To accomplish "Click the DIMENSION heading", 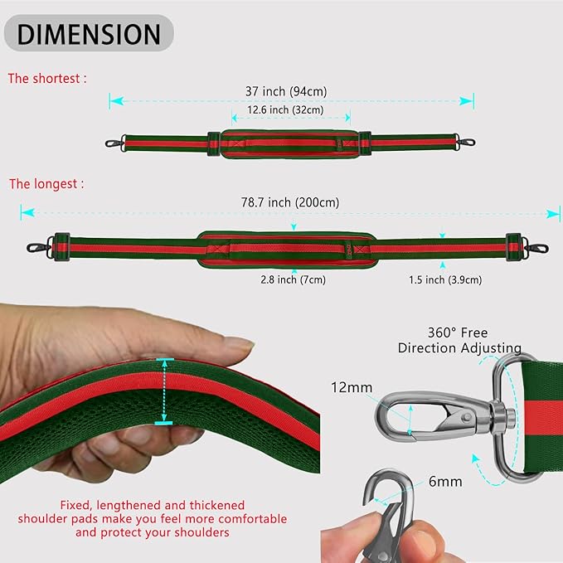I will pos(89,34).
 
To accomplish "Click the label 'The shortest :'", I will pos(47,79).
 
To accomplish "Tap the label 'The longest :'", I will pos(46,183).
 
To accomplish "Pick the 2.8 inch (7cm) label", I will pos(292,279).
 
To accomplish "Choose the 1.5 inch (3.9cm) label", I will pos(445,280).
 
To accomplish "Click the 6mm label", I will pos(446,481).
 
